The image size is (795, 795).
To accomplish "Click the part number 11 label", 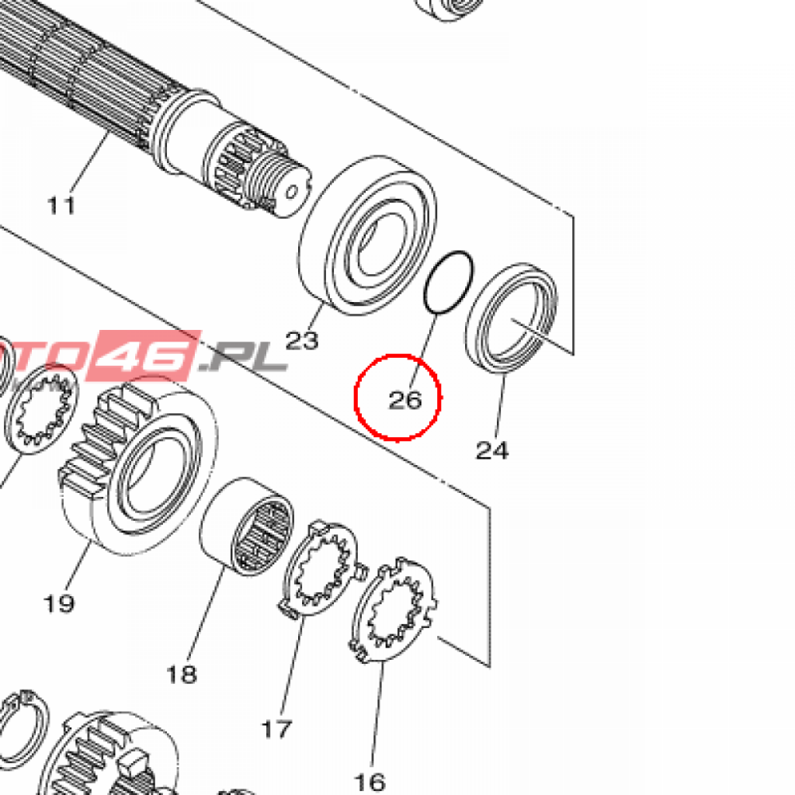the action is tap(61, 205).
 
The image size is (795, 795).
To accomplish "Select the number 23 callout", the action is tap(302, 340).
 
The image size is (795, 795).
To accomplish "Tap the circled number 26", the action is tap(405, 400).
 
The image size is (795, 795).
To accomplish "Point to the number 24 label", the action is tap(491, 450).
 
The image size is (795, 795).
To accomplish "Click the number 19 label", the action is tap(59, 603).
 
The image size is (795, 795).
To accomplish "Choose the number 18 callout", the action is tap(182, 675).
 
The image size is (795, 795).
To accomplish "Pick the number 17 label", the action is tap(277, 730).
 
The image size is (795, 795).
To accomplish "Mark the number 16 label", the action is tap(370, 783).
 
